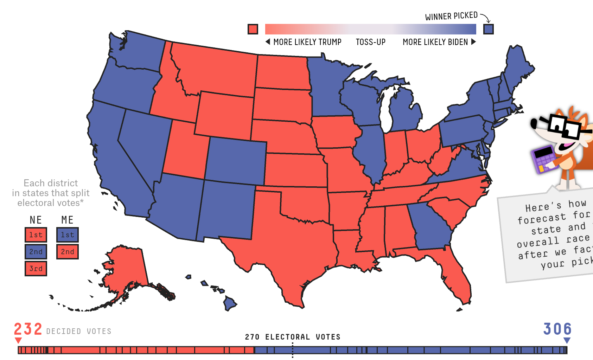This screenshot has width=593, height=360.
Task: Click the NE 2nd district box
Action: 36,252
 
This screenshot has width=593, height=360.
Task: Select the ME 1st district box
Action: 68,235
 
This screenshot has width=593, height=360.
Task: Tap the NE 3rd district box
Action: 36,269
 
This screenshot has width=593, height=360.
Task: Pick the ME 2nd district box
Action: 68,252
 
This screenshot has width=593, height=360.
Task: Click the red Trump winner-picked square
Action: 253,29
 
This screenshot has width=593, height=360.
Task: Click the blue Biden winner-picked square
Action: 488,29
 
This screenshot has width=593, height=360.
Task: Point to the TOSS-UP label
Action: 370,42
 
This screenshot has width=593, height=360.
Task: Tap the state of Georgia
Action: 429,225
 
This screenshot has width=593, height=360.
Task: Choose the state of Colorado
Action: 236,160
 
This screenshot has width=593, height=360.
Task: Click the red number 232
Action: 28,329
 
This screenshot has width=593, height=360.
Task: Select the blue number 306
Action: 557,329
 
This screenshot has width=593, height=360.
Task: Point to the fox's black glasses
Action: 563,127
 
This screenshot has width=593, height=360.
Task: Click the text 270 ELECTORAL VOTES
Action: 293,337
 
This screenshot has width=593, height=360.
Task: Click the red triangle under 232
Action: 18,340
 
